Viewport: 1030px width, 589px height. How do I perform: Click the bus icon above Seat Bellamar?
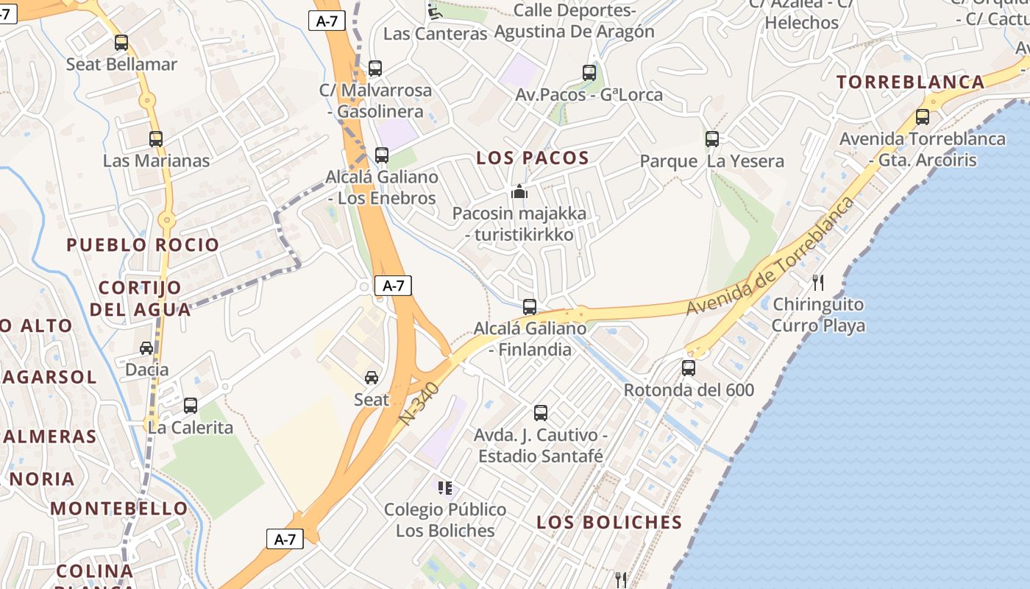coord(121,43)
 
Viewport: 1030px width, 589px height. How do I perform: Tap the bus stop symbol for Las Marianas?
coord(156,138)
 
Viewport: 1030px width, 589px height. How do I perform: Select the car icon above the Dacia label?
coord(146,348)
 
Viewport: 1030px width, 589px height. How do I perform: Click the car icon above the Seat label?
coord(372,378)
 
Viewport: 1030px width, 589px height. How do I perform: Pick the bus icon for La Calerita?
coord(191,405)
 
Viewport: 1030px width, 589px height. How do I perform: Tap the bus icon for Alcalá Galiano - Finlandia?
coord(530,307)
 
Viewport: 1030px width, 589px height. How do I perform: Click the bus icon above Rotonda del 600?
coord(689,367)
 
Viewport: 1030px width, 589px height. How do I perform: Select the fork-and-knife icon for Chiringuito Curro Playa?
coord(817,282)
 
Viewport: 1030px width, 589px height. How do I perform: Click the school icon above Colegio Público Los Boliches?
coord(444,487)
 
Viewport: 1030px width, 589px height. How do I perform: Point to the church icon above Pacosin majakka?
coord(519,192)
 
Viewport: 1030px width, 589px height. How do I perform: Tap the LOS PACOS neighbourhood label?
coord(533,158)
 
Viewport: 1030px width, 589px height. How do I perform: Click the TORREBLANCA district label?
coord(911,82)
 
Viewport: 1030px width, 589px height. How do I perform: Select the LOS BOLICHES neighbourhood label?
coord(609,522)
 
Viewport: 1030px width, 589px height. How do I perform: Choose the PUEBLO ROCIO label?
coord(143,244)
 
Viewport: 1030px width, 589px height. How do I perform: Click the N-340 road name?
coord(419,403)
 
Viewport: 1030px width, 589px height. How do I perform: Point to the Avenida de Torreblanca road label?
coord(771,256)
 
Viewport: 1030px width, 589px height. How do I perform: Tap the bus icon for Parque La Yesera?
coord(712,138)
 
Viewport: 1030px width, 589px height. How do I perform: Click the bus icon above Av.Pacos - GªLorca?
coord(589,72)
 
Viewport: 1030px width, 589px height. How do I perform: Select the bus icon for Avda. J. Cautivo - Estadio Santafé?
coord(541,413)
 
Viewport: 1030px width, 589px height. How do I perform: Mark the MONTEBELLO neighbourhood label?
coord(119,508)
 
